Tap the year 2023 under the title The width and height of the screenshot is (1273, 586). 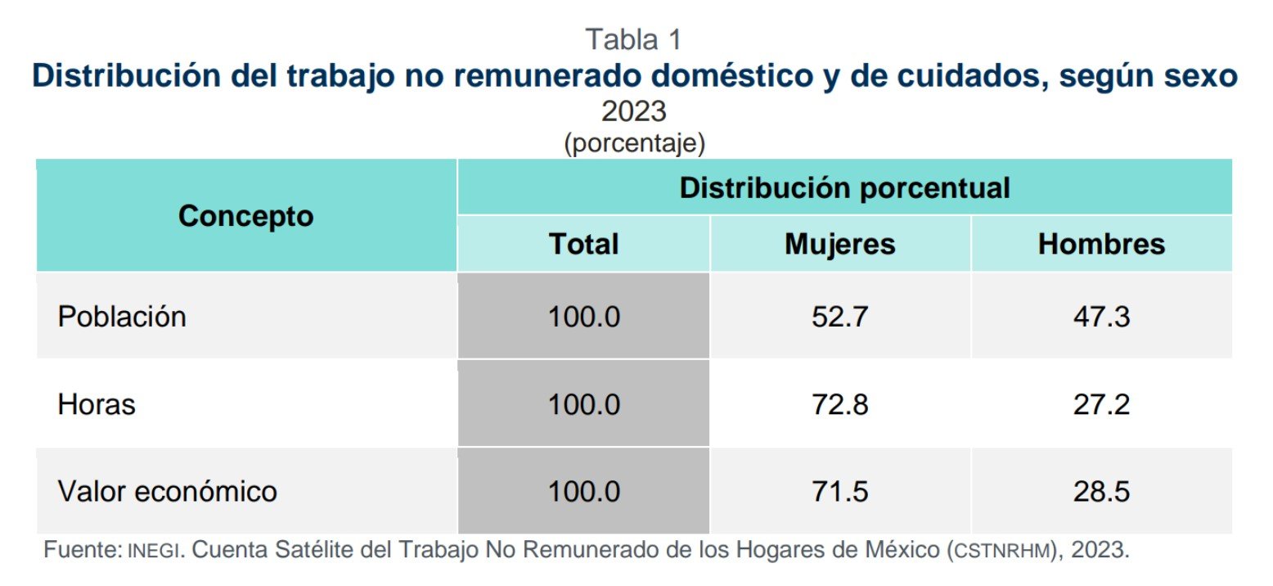click(634, 110)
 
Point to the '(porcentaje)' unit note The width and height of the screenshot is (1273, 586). click(634, 143)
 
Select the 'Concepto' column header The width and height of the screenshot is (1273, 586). click(245, 216)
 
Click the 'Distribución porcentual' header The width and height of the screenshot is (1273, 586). click(844, 188)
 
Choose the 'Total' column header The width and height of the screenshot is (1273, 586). click(583, 244)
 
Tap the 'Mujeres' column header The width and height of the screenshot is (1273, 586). click(840, 244)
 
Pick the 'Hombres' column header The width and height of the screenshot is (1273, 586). click(1101, 244)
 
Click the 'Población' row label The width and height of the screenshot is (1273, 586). click(122, 317)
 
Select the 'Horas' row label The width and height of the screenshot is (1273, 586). click(97, 404)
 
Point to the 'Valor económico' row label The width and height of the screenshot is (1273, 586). click(168, 492)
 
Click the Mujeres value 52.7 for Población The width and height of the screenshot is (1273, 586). click(839, 317)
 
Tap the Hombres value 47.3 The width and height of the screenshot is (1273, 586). click(1101, 317)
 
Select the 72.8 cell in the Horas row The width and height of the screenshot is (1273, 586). click(839, 404)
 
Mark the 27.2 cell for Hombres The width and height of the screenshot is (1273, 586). click(1101, 404)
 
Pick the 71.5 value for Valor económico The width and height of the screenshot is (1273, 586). click(839, 492)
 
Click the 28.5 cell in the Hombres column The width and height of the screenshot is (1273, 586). click(1101, 492)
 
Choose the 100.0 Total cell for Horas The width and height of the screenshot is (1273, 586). click(583, 404)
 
